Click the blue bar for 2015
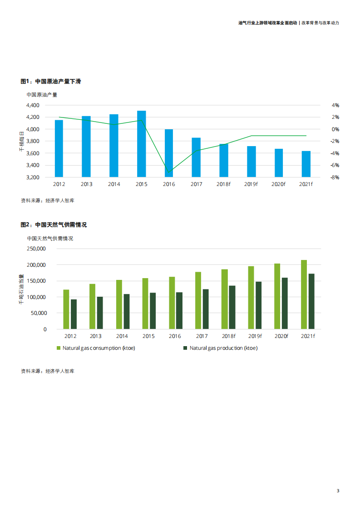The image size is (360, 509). pyautogui.click(x=142, y=144)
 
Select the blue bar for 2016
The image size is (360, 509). pyautogui.click(x=169, y=153)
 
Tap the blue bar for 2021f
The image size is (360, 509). pyautogui.click(x=306, y=164)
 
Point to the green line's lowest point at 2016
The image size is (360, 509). pyautogui.click(x=169, y=172)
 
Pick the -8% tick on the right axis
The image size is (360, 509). pyautogui.click(x=335, y=177)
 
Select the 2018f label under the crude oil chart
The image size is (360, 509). pyautogui.click(x=223, y=184)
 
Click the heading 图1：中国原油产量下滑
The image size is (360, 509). pyautogui.click(x=51, y=81)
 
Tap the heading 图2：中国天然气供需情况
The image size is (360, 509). pyautogui.click(x=54, y=225)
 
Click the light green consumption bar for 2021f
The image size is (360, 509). pyautogui.click(x=304, y=294)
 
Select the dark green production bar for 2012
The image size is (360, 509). pyautogui.click(x=74, y=314)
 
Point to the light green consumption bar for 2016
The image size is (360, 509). pyautogui.click(x=172, y=303)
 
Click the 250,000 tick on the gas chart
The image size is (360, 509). pyautogui.click(x=37, y=249)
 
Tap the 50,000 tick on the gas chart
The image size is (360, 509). pyautogui.click(x=39, y=313)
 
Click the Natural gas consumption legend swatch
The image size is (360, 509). pyautogui.click(x=59, y=348)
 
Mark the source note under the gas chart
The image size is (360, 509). pyautogui.click(x=47, y=371)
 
